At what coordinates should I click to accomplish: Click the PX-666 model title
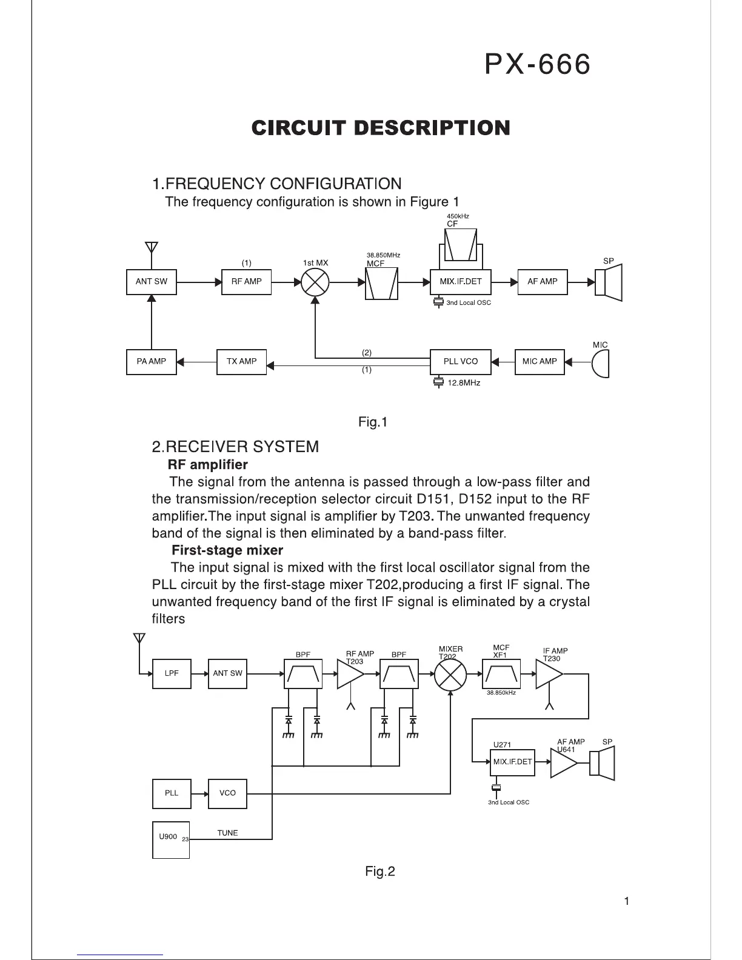(537, 65)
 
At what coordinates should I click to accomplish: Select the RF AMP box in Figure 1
(246, 282)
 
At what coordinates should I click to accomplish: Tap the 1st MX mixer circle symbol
(315, 282)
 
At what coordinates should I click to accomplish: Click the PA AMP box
(152, 362)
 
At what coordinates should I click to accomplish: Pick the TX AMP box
(241, 362)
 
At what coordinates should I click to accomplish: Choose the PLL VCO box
(460, 362)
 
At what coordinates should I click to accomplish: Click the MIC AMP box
(539, 362)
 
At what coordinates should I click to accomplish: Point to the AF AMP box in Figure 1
(543, 282)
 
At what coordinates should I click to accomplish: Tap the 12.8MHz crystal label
(464, 383)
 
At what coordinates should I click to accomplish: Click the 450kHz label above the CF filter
(458, 216)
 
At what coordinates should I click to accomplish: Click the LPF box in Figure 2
(172, 673)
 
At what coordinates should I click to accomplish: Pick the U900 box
(170, 839)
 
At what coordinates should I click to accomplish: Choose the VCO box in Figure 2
(227, 793)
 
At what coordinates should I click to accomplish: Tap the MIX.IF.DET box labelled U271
(512, 762)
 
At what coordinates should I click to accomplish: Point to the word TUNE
(227, 833)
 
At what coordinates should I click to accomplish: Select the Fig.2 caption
(380, 872)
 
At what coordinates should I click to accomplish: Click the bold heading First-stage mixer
(227, 550)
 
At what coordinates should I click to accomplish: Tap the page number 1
(626, 901)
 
